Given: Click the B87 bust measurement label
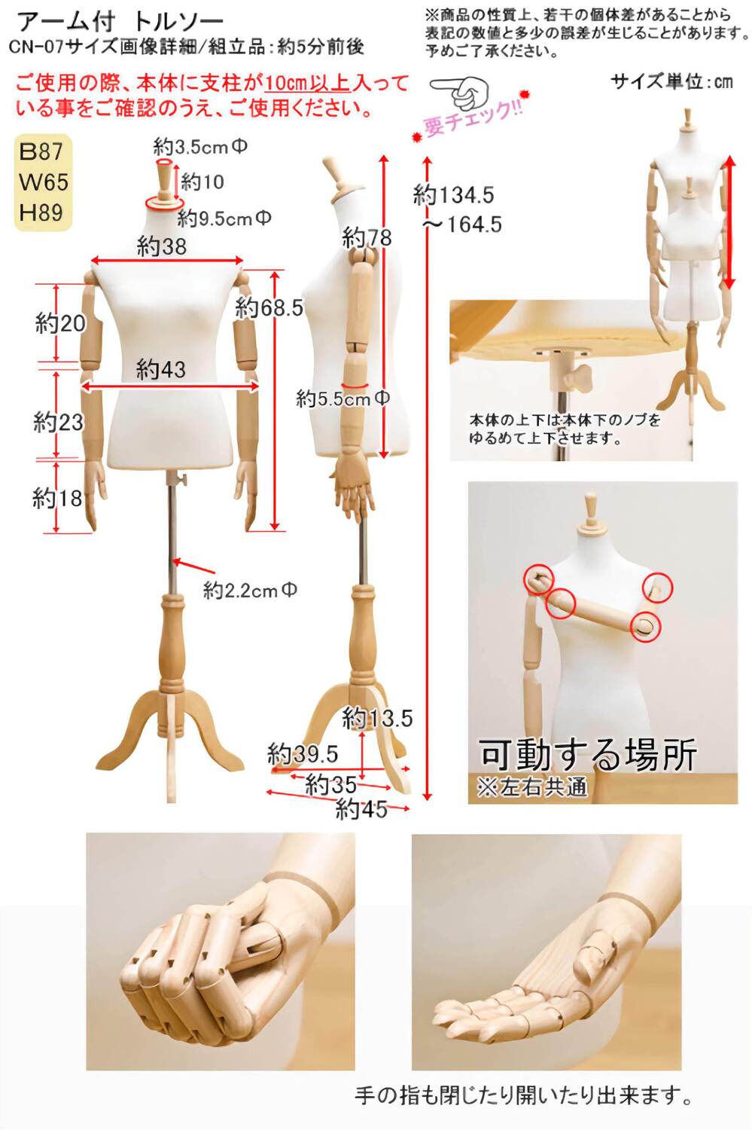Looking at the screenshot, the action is coord(41,152).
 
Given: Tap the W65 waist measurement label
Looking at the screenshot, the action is coord(43,182).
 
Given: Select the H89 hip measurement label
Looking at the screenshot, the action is coord(41,212).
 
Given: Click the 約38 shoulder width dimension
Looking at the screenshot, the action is coord(161,246).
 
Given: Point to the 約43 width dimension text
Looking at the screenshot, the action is coord(161,369).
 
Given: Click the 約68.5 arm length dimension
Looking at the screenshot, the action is coord(269,307).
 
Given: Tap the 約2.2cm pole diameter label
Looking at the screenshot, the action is coord(250,590).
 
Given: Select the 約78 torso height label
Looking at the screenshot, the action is coord(367,237).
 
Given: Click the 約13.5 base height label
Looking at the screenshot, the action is coord(377,719).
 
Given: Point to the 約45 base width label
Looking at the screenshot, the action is coord(361,810).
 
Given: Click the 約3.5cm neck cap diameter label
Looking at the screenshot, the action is coord(200,147).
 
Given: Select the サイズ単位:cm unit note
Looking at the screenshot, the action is coord(671,81).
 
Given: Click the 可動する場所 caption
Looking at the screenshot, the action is coord(588,755).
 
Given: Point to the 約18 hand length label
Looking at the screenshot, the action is coord(57,499).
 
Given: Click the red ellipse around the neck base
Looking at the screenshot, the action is coord(163,203).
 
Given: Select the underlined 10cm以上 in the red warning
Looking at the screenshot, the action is coord(307,84).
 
